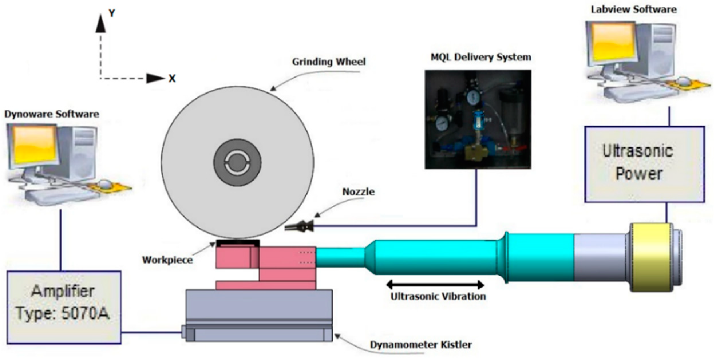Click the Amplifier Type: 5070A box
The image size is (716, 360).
(x=64, y=307)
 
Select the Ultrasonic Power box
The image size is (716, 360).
(x=644, y=164)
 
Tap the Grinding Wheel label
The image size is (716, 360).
(x=329, y=62)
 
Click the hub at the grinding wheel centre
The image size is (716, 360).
(x=237, y=163)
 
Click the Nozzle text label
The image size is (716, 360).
(x=358, y=192)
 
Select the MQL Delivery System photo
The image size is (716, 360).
(x=478, y=119)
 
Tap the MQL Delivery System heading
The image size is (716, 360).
(x=481, y=57)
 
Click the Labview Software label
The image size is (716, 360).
(x=634, y=9)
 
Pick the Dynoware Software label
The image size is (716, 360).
(x=52, y=114)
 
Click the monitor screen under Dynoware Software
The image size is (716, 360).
(x=34, y=145)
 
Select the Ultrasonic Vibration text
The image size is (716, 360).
(x=438, y=296)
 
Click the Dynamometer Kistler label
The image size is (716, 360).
(x=421, y=345)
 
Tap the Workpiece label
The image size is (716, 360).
(x=167, y=260)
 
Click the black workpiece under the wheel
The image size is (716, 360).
(x=238, y=243)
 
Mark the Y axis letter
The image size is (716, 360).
(x=112, y=13)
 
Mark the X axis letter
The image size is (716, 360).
(x=172, y=79)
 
